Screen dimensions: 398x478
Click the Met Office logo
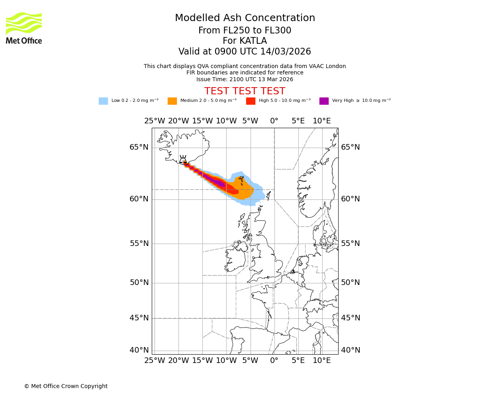(x=24, y=28)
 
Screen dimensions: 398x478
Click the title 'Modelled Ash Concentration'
(x=245, y=18)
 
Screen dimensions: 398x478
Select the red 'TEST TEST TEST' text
(x=245, y=91)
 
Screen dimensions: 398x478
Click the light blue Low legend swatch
(x=103, y=101)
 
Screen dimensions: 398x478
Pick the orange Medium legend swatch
(x=172, y=101)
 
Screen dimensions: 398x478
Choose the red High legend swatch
(x=251, y=101)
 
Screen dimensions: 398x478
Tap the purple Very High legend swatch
(x=324, y=101)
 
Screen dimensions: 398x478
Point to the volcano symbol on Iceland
(x=183, y=160)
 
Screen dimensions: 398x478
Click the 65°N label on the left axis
(x=139, y=147)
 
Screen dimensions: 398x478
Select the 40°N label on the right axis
(x=350, y=350)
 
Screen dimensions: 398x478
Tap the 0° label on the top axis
(x=274, y=121)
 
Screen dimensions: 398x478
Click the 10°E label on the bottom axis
(x=321, y=361)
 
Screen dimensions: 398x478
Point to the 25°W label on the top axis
(x=155, y=121)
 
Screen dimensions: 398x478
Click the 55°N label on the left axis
(x=139, y=244)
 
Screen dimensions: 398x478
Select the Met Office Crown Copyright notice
(x=66, y=386)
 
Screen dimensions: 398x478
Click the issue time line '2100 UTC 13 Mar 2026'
(x=245, y=79)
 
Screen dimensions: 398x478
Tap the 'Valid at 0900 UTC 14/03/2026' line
(x=245, y=52)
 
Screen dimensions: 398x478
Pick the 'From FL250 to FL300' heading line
(x=245, y=31)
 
